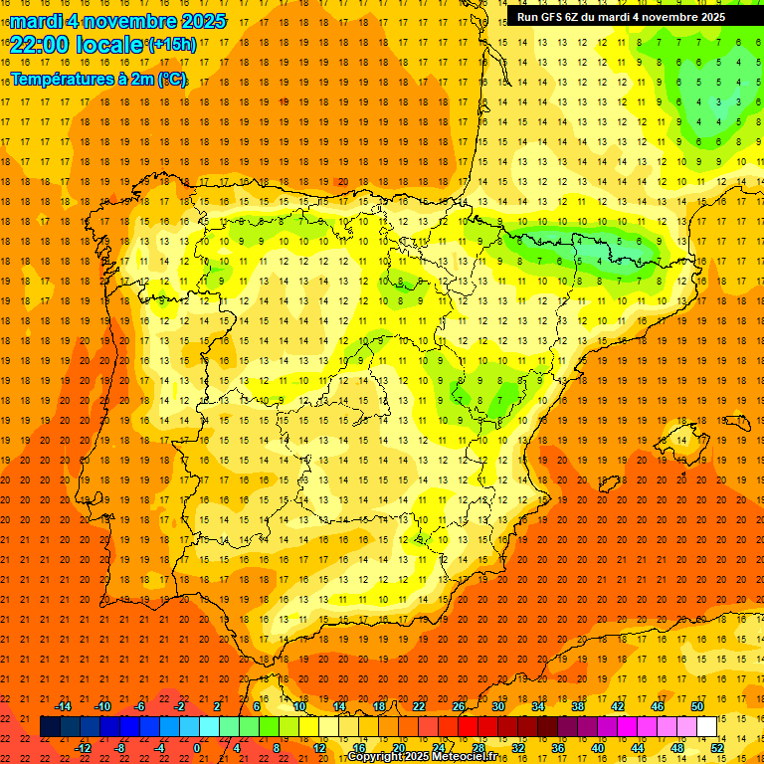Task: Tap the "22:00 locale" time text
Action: pos(76,44)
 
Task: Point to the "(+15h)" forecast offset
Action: pos(172,44)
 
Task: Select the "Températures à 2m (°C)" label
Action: pos(98,80)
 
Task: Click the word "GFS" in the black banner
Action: pos(554,17)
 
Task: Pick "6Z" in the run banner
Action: pos(578,17)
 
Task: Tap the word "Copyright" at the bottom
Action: pos(373,757)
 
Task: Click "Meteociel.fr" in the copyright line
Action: pos(464,757)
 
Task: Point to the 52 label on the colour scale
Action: pos(717,748)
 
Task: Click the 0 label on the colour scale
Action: pos(196,748)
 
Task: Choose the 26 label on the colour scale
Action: pos(459,706)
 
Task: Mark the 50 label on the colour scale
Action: pos(697,706)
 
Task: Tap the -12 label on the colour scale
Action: pos(83,748)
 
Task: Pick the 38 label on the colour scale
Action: pos(578,706)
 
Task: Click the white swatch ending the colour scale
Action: pos(706,726)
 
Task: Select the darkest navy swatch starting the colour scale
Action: pos(50,726)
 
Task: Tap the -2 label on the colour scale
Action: pos(181,706)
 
